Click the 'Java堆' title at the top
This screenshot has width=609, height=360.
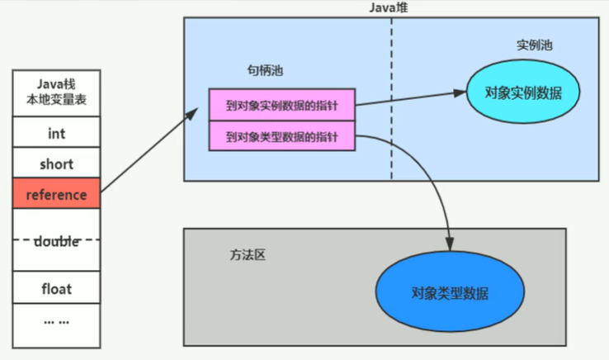pyautogui.click(x=391, y=7)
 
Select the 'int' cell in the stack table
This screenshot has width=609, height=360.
pyautogui.click(x=57, y=132)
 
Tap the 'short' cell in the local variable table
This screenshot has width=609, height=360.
pyautogui.click(x=57, y=163)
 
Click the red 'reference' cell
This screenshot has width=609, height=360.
pyautogui.click(x=57, y=195)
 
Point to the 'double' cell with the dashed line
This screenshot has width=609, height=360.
pyautogui.click(x=57, y=241)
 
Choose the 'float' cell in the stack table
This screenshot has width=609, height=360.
pyautogui.click(x=57, y=289)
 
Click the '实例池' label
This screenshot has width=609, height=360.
pyautogui.click(x=534, y=45)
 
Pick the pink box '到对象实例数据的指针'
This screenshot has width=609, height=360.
pyautogui.click(x=281, y=105)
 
